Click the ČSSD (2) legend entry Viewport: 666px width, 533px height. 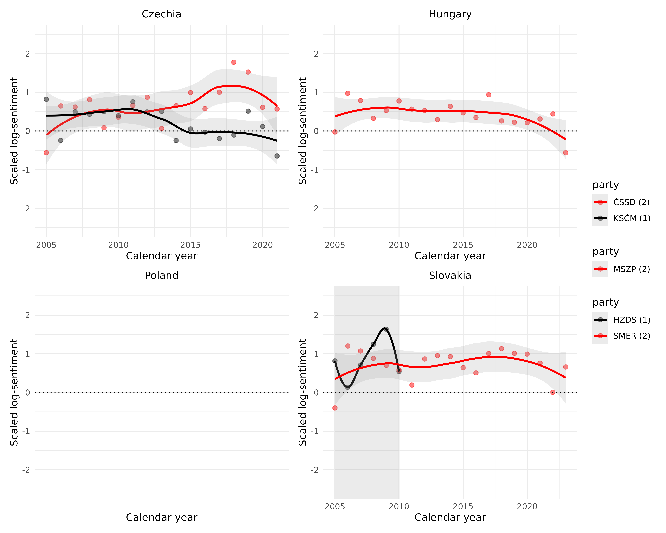click(631, 202)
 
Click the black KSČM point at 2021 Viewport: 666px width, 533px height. click(277, 156)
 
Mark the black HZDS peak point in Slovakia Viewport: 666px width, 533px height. click(386, 329)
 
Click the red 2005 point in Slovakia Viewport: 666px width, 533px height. click(335, 408)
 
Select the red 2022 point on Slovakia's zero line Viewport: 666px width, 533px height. click(553, 392)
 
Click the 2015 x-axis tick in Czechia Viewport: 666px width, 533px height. click(190, 245)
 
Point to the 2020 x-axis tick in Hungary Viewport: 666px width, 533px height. click(527, 245)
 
